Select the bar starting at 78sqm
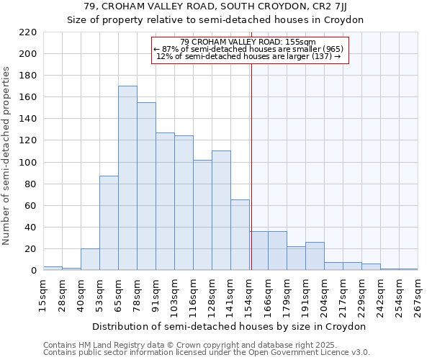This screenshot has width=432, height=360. coord(146,186)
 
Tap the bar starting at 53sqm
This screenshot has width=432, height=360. coord(109,223)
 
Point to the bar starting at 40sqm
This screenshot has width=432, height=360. coord(90,259)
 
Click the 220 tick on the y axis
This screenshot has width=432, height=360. coord(28,32)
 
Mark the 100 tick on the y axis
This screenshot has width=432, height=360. coord(28,163)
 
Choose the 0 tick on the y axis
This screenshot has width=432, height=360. coord(33,271)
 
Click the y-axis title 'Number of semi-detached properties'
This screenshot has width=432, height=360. coord(7,156)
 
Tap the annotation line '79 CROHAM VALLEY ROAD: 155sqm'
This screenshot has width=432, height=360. coord(248,42)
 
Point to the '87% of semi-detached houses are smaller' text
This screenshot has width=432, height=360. coord(248,49)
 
